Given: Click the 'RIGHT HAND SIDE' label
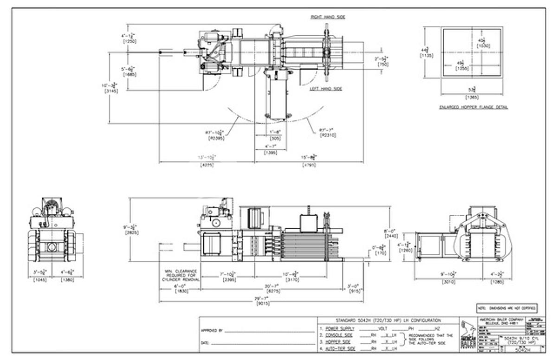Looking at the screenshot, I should point(328,17).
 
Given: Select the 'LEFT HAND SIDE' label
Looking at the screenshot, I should point(326,89).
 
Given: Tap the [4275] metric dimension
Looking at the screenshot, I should point(207,165).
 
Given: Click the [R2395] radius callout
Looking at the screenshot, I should point(216,138).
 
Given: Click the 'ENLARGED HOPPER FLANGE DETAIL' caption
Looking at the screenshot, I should point(473,107).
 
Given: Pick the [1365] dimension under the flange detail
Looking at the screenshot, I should point(472,97).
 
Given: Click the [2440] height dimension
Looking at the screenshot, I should point(390,236).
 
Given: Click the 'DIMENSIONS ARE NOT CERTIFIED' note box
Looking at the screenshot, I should point(507,308).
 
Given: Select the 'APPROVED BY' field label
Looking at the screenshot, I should point(213,331).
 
